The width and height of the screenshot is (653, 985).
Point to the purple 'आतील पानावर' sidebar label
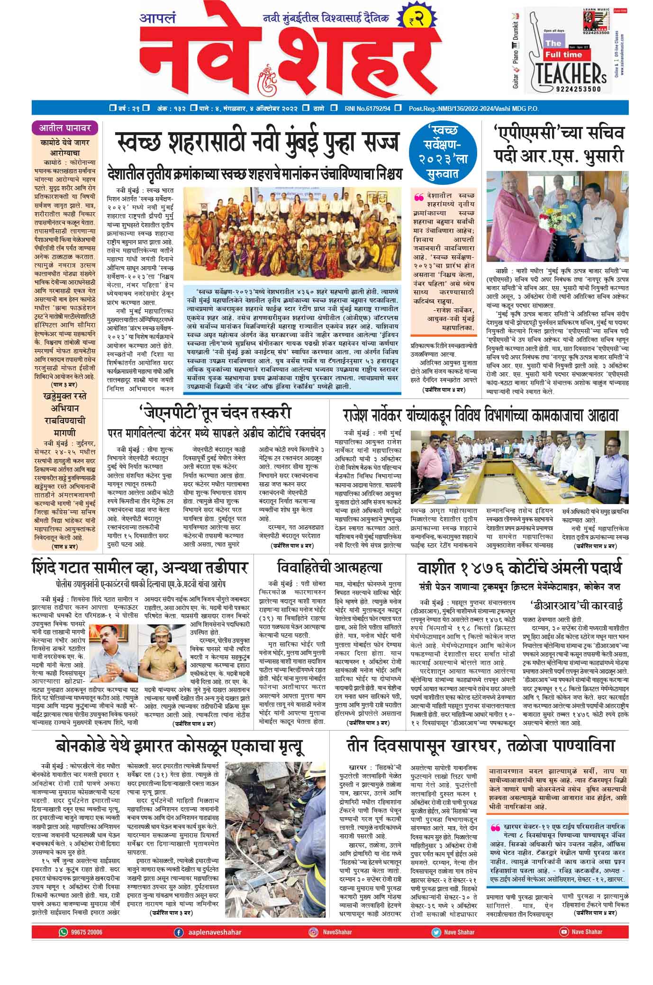click(x=65, y=127)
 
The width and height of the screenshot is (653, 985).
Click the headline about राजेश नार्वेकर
click(x=481, y=415)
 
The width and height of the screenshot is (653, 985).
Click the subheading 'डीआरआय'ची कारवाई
click(x=576, y=605)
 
